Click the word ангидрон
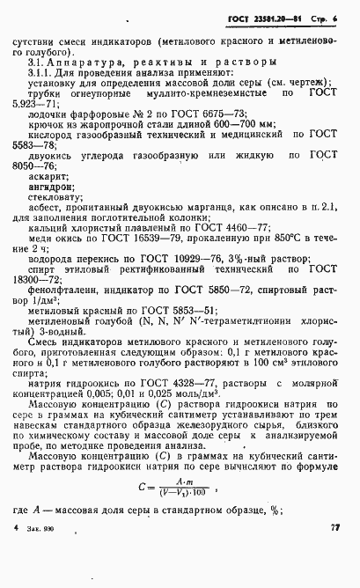point(50,187)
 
